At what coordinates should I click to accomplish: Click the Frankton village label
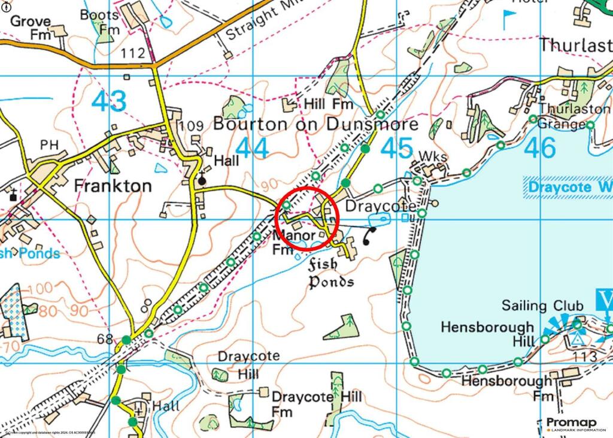[113, 186]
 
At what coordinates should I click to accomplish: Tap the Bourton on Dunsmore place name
[315, 124]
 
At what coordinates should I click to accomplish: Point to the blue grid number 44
[252, 148]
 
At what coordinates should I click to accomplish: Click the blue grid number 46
[540, 148]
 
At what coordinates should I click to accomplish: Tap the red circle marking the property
[308, 218]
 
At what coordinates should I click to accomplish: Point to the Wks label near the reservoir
[433, 157]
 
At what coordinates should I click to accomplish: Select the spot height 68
[105, 340]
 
